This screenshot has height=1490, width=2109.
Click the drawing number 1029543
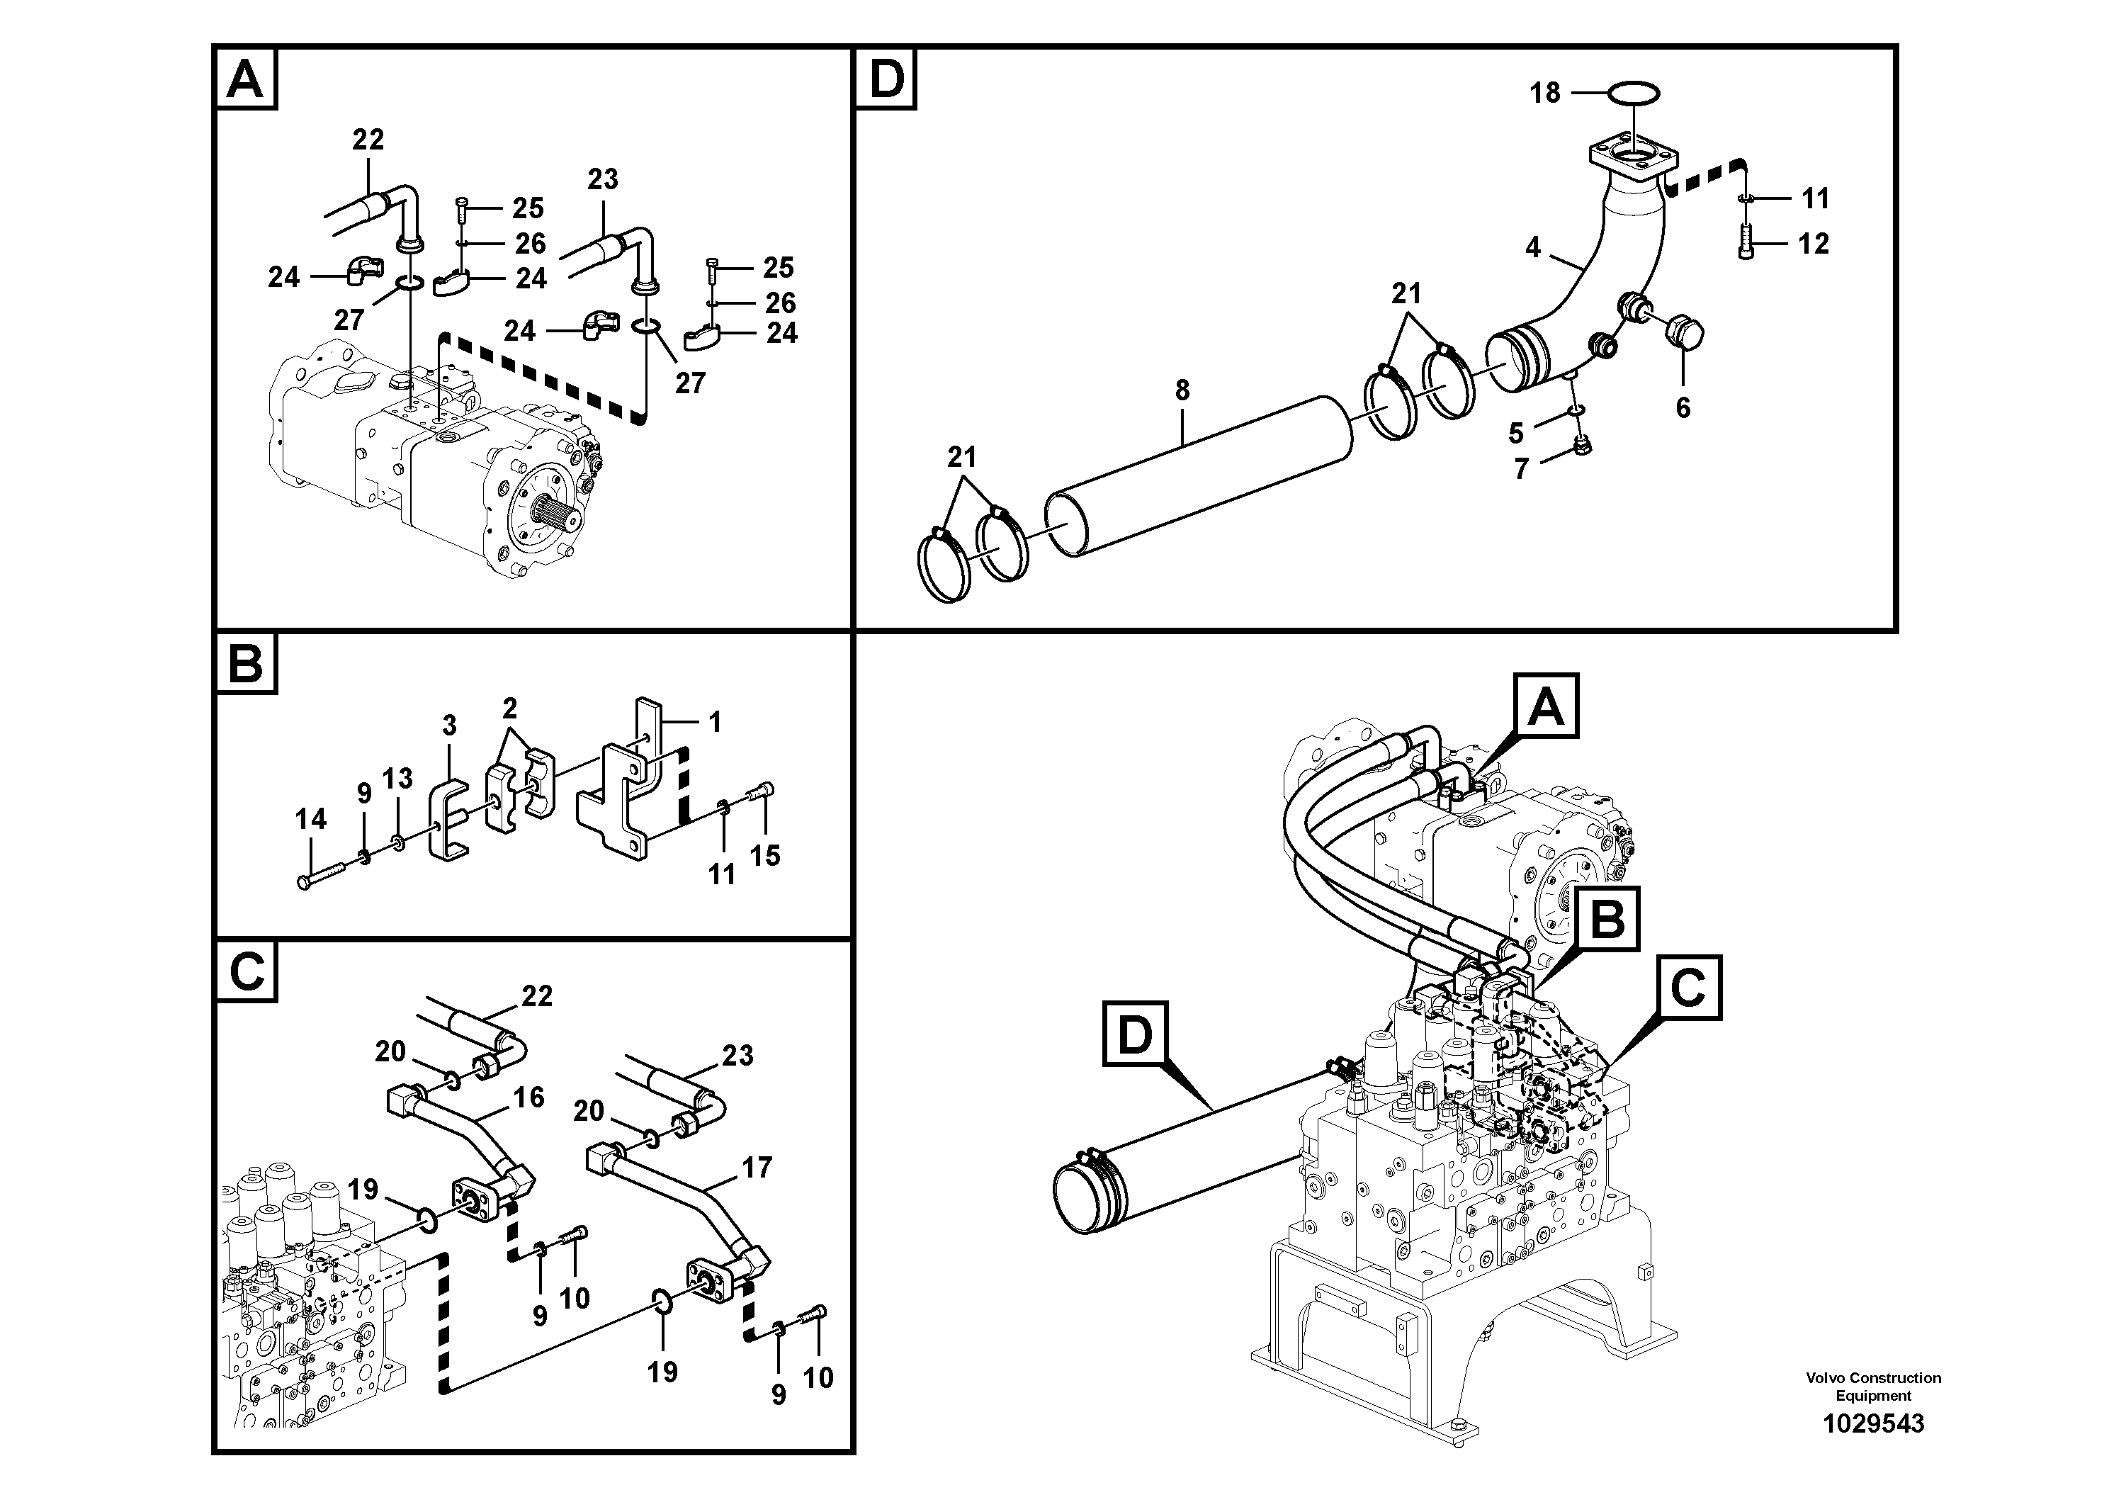tap(1873, 1424)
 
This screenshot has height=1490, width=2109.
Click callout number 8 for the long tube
tap(1182, 391)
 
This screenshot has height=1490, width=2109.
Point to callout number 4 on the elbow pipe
tap(1532, 248)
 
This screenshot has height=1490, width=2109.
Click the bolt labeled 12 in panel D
tap(1747, 244)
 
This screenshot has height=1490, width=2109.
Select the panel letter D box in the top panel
tap(886, 79)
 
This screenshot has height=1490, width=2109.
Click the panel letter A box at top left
tap(245, 79)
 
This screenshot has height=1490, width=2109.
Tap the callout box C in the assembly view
tap(1687, 988)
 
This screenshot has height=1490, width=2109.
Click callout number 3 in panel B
tap(449, 726)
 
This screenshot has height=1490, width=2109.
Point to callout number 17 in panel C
tap(757, 1168)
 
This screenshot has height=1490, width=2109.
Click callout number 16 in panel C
tap(528, 1097)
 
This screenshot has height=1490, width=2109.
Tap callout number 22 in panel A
tap(368, 140)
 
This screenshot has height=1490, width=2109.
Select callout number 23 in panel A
tap(603, 179)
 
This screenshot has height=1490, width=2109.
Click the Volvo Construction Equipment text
tap(1873, 1385)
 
